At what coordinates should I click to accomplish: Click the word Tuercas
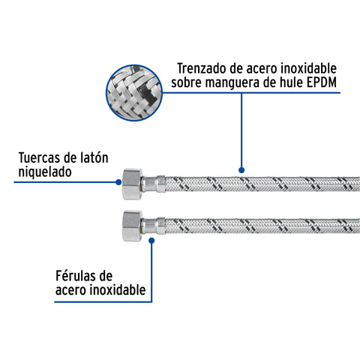40,157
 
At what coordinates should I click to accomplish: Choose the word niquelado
45,172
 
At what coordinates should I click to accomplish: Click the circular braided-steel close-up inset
134,93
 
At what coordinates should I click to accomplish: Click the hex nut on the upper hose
132,184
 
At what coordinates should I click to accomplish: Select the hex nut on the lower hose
132,226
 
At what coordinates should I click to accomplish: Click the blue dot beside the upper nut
118,182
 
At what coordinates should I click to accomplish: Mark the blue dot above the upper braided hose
241,170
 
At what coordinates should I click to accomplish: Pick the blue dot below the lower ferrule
151,241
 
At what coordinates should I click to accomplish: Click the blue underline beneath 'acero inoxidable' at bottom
103,301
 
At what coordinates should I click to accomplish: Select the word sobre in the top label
186,82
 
